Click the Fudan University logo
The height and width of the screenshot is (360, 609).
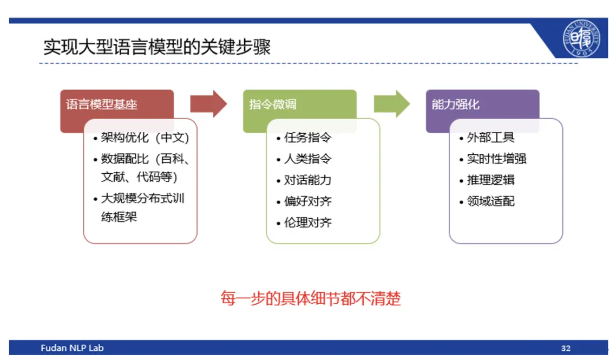(581, 38)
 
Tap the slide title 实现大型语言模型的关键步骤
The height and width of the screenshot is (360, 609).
(157, 47)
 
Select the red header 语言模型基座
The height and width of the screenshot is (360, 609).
(101, 104)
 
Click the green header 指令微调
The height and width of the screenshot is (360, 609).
(273, 104)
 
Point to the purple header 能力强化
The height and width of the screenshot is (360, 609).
(456, 104)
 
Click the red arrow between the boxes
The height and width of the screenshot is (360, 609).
(208, 104)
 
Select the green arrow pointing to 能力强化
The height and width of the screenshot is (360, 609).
(391, 104)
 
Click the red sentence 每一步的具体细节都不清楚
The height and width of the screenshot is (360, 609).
(311, 298)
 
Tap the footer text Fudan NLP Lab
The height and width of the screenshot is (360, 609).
(72, 348)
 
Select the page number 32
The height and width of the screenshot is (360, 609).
(566, 348)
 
